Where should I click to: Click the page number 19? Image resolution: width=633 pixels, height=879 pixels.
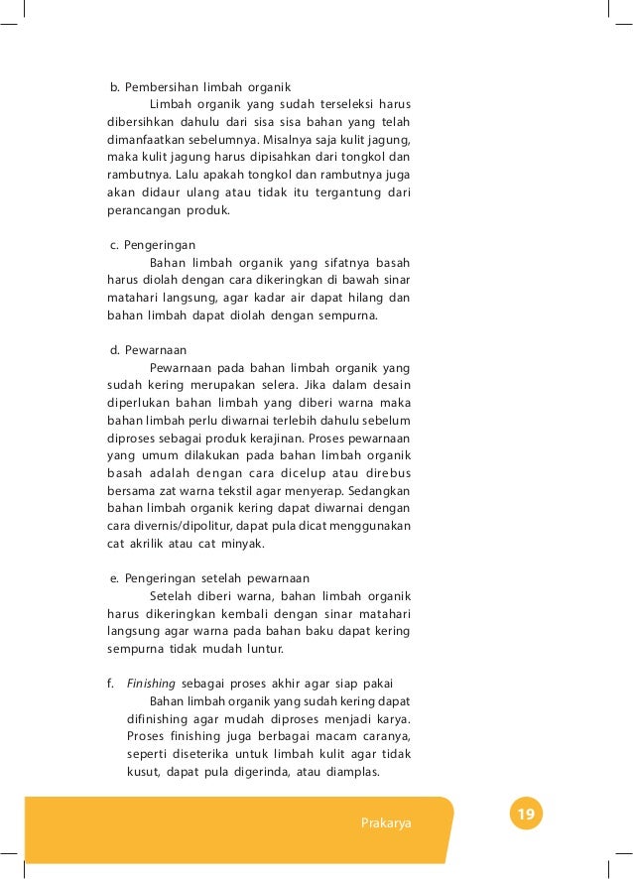tap(526, 816)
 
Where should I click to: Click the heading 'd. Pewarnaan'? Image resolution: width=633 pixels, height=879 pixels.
tap(148, 349)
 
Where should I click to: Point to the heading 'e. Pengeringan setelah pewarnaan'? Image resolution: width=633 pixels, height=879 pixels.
tap(210, 578)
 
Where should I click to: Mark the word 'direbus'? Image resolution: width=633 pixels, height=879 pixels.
tap(384, 474)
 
